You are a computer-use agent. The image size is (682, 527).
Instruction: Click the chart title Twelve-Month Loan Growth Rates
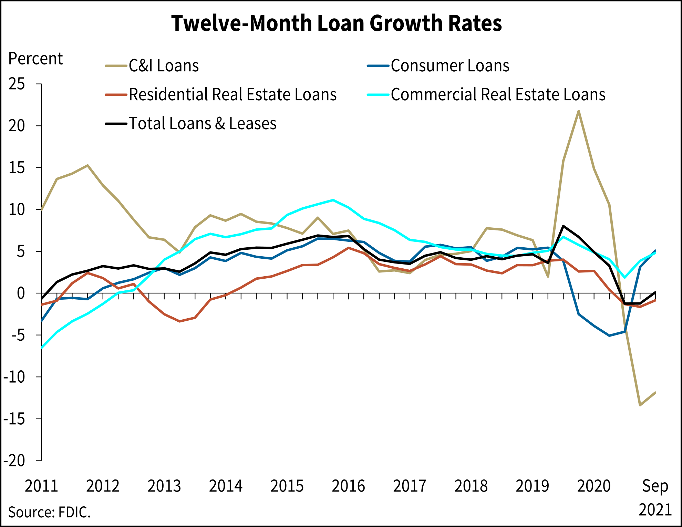pyautogui.click(x=337, y=23)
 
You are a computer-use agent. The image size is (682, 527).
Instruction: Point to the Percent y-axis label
pyautogui.click(x=35, y=59)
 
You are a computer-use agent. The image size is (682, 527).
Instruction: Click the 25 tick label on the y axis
pyautogui.click(x=17, y=84)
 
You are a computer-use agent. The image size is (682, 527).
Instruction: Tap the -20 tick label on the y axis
pyautogui.click(x=14, y=461)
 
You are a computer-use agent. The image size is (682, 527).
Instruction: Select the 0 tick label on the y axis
pyautogui.click(x=21, y=293)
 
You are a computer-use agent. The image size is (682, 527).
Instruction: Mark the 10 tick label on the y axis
pyautogui.click(x=17, y=210)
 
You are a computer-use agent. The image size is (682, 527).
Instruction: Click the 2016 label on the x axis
pyautogui.click(x=348, y=486)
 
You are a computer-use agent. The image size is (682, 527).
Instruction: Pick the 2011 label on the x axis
pyautogui.click(x=41, y=486)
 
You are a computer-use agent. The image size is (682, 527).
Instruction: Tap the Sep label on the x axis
pyautogui.click(x=655, y=486)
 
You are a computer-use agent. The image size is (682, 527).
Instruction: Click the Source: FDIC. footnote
pyautogui.click(x=49, y=512)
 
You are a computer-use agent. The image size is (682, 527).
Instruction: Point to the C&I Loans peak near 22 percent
pyautogui.click(x=579, y=111)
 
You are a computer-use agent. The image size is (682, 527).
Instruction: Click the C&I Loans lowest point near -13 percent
pyautogui.click(x=640, y=405)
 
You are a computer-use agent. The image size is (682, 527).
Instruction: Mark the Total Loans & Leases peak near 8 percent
pyautogui.click(x=563, y=226)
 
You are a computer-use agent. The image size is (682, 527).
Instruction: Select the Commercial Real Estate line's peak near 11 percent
pyautogui.click(x=333, y=200)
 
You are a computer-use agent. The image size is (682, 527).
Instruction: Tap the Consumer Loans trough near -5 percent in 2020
pyautogui.click(x=609, y=335)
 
